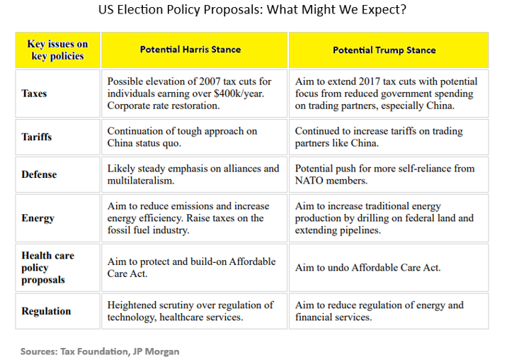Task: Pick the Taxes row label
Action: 35,94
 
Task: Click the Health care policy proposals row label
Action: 48,267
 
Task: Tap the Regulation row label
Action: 46,311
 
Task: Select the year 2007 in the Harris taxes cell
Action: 207,81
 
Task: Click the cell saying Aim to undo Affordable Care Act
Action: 368,268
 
